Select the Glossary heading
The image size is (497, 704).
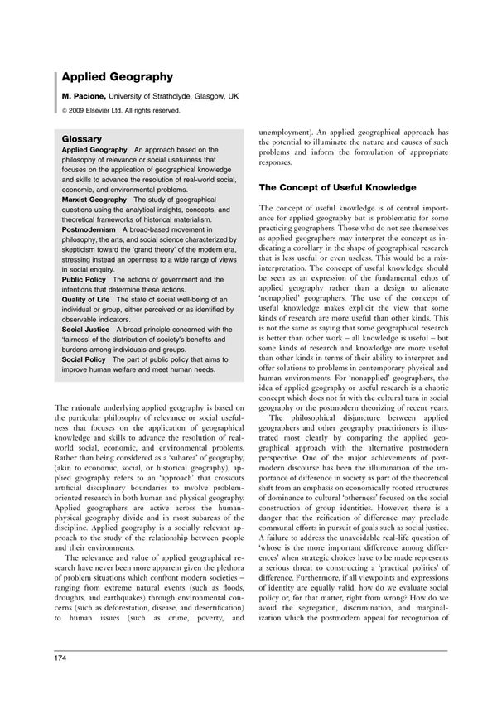pos(82,138)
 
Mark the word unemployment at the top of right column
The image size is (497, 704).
pos(287,131)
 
